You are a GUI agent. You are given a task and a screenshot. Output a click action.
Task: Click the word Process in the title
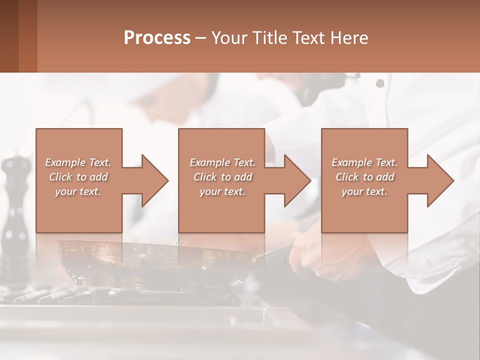point(157,38)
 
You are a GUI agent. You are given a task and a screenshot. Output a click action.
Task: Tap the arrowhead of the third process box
point(439,180)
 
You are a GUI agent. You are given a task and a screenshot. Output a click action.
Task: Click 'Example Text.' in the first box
point(78,162)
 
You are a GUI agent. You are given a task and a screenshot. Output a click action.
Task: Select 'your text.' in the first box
point(78,191)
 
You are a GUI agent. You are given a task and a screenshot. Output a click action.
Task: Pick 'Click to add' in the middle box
point(222,177)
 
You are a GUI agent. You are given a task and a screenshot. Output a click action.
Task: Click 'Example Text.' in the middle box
point(222,162)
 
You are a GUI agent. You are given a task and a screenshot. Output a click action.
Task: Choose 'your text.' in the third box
point(364,191)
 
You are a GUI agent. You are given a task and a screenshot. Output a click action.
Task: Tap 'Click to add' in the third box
point(364,177)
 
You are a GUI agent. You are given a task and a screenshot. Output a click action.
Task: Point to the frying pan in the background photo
point(150,260)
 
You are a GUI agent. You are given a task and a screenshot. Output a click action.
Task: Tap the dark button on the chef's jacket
point(380,83)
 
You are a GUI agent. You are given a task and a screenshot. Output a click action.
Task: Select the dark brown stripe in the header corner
point(9,36)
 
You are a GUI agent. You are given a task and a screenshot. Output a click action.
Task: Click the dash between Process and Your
point(200,38)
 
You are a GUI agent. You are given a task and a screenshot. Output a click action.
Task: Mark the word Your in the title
point(228,38)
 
